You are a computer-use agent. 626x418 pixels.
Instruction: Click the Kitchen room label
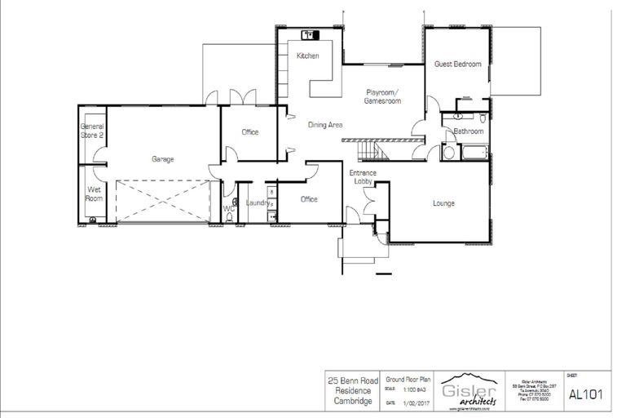(x=307, y=56)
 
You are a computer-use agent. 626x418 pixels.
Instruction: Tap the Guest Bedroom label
(x=456, y=64)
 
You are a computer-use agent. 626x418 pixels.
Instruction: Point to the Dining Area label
(x=324, y=125)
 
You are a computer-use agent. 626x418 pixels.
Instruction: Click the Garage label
(x=163, y=159)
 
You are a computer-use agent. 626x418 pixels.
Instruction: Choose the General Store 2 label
(x=91, y=131)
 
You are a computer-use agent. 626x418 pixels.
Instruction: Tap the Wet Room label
(x=94, y=193)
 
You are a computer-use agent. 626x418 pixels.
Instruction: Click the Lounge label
(x=443, y=203)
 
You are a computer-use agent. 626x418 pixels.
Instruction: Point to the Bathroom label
(x=469, y=131)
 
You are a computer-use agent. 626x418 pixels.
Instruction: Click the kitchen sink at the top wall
(x=311, y=35)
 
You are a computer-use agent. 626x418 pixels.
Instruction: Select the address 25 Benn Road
(x=350, y=380)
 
